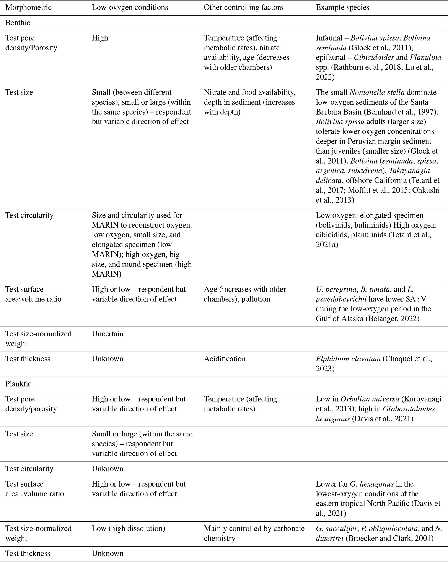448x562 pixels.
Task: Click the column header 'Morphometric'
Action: pyautogui.click(x=28, y=7)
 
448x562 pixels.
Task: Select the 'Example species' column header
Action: pyautogui.click(x=342, y=7)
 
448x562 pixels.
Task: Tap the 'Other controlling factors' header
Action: pyautogui.click(x=243, y=7)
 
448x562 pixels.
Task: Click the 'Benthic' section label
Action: pyautogui.click(x=18, y=23)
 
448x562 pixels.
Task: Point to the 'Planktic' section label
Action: pyautogui.click(x=18, y=384)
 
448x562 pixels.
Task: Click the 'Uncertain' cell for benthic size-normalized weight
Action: pyautogui.click(x=108, y=334)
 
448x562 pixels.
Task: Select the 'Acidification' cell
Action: pyautogui.click(x=225, y=359)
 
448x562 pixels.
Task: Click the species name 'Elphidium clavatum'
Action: pyautogui.click(x=348, y=359)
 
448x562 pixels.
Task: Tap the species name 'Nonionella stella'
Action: pyautogui.click(x=377, y=92)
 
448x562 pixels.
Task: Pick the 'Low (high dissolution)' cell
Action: pyautogui.click(x=128, y=528)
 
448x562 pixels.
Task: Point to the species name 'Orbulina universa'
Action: pyautogui.click(x=370, y=399)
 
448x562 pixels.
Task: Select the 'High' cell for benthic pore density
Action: pyautogui.click(x=100, y=38)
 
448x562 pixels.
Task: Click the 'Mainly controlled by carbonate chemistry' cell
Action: pyautogui.click(x=254, y=533)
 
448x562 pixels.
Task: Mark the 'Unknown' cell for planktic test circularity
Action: pyautogui.click(x=108, y=469)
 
